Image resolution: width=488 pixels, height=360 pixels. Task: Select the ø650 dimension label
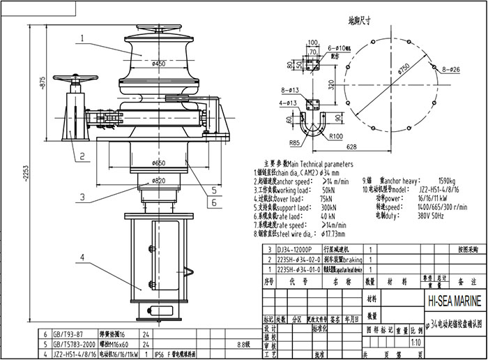158,163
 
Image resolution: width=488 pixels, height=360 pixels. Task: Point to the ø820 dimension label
158,180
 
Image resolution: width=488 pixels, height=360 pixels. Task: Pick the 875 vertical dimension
41,83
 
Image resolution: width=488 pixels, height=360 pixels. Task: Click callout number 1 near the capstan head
82,38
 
